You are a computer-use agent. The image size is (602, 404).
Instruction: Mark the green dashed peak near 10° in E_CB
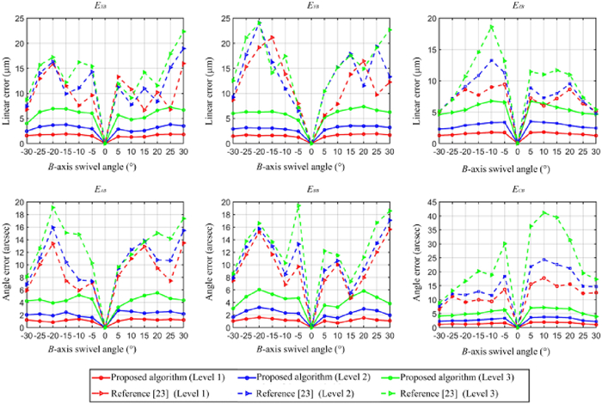(x=544, y=212)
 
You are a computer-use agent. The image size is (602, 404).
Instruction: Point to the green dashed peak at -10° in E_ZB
(x=491, y=27)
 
